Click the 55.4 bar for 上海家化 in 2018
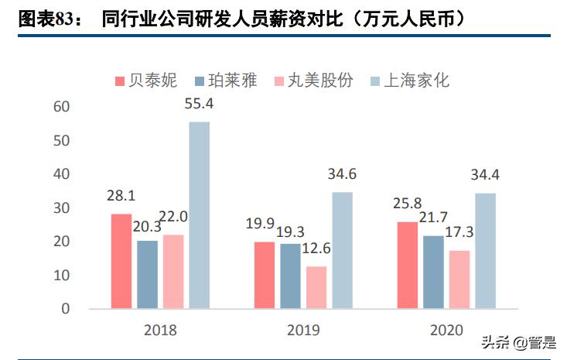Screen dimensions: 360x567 point(200,215)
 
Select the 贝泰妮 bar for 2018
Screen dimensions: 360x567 point(121,262)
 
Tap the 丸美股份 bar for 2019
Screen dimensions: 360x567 point(316,287)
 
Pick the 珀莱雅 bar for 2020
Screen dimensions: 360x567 point(433,272)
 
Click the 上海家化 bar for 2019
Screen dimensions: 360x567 point(342,250)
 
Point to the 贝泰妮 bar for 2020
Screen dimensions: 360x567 point(407,265)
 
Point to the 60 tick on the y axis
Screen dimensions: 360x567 point(62,107)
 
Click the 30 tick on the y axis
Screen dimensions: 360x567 point(62,208)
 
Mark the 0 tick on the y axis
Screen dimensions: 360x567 point(66,309)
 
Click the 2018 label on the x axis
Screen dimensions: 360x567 point(160,330)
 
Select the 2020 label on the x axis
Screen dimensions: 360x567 point(446,330)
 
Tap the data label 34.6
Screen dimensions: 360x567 point(342,174)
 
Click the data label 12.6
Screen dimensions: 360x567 point(316,249)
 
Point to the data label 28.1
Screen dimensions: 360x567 point(121,196)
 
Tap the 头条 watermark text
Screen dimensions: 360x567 point(494,341)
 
